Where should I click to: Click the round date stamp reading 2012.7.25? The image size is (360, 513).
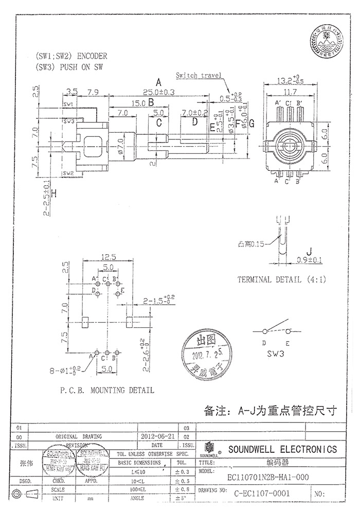pos(205,354)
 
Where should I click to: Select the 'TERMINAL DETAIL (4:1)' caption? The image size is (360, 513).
pos(281,280)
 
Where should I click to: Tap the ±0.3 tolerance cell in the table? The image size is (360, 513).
pos(185,471)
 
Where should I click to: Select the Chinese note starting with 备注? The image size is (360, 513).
pos(270,411)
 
